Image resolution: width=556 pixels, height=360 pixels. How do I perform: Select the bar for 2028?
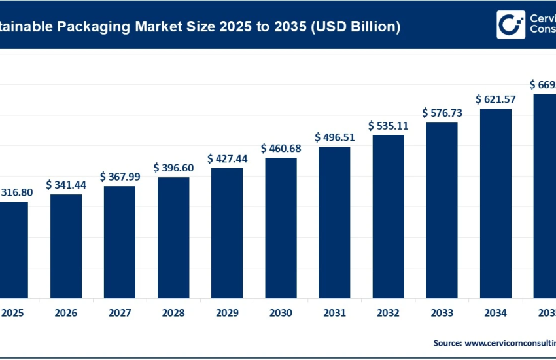[173, 237]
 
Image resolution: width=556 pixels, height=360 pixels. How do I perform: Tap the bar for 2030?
[281, 227]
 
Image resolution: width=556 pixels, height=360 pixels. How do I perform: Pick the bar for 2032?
[388, 216]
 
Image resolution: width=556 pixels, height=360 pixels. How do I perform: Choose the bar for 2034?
[495, 203]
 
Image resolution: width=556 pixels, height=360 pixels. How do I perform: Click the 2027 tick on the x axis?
[120, 313]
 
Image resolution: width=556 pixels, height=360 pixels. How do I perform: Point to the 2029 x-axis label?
[227, 313]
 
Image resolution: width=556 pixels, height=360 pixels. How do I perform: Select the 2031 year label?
[334, 313]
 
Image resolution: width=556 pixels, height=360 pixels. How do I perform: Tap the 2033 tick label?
[442, 313]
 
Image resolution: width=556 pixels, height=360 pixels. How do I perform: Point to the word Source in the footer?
[447, 342]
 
